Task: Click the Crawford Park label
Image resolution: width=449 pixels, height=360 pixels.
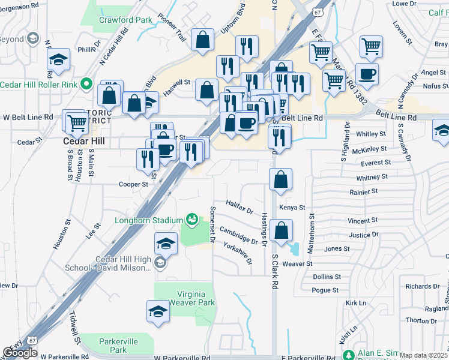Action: [x=125, y=20]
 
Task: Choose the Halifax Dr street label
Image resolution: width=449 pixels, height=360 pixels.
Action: [x=240, y=207]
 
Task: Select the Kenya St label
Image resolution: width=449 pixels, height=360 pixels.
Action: [x=292, y=208]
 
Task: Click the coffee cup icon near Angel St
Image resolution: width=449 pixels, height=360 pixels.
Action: [x=367, y=74]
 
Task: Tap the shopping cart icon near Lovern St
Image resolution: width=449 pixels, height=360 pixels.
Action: [x=372, y=46]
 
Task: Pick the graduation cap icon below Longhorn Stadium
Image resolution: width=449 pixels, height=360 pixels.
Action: [x=166, y=243]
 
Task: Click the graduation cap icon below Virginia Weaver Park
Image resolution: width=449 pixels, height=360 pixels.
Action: [x=158, y=311]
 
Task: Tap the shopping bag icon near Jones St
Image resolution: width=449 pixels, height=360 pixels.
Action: [x=280, y=230]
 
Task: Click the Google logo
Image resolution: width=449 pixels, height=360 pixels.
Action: [x=20, y=353]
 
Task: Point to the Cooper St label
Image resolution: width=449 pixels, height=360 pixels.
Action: [x=133, y=185]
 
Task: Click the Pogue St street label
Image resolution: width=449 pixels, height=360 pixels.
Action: [x=326, y=290]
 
